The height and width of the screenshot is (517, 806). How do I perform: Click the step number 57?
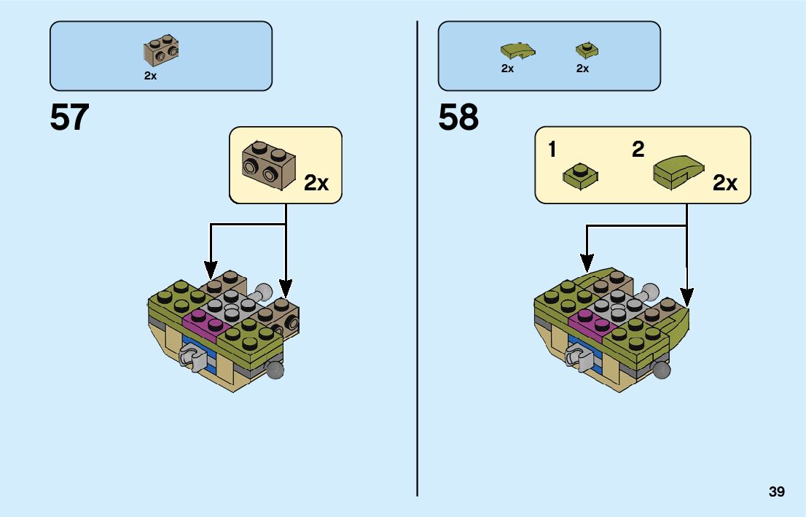69,117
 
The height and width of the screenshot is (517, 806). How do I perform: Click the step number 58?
458,117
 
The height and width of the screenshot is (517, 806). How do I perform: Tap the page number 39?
776,491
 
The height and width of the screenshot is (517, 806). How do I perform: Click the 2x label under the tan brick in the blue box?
150,75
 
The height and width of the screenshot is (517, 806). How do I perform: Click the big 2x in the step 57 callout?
316,183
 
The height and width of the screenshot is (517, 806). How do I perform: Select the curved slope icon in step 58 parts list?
517,50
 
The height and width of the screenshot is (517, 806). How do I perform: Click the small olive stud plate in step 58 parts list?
586,50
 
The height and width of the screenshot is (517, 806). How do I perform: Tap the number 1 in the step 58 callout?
552,150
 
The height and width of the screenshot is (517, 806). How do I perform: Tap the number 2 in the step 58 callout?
638,150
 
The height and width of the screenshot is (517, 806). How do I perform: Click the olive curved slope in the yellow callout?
678,171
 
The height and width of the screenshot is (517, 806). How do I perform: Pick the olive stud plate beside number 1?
580,176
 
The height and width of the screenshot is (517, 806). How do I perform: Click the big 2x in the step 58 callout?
725,183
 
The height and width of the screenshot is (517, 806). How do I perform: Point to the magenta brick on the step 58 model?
589,322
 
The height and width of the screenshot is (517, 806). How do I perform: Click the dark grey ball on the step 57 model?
275,370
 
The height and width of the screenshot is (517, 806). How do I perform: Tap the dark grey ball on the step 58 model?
662,370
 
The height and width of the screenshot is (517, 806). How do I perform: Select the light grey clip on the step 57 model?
191,357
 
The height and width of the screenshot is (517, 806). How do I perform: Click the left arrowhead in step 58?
587,260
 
